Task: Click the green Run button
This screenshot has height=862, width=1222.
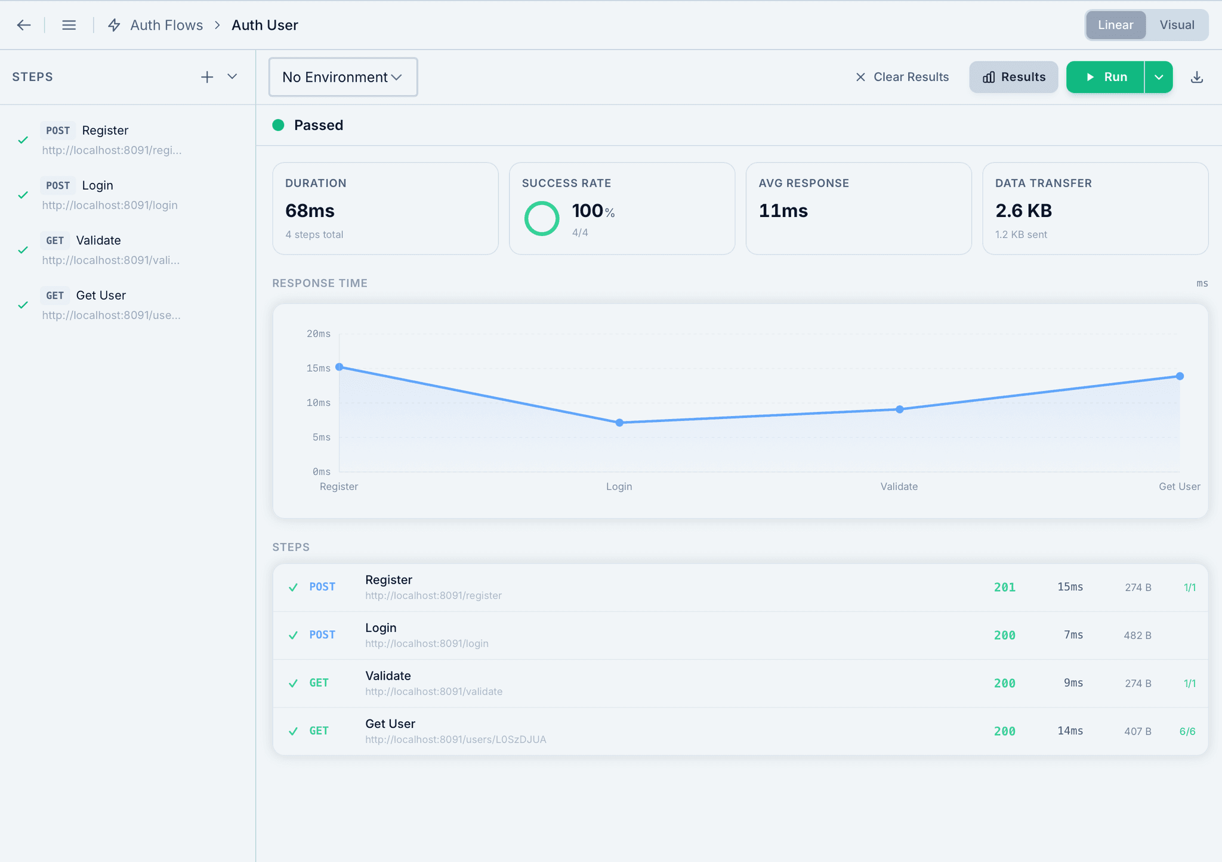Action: pos(1106,77)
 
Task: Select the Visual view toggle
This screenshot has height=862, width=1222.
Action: pos(1177,25)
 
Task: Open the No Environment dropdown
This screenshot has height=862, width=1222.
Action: pos(342,77)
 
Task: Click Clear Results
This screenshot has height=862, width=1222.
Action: pos(902,77)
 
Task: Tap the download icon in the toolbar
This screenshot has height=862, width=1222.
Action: pos(1196,77)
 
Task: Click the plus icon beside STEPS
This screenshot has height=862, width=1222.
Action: pos(206,77)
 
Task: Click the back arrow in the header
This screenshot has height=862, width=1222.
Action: pos(24,25)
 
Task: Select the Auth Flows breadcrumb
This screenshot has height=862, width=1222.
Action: pos(166,25)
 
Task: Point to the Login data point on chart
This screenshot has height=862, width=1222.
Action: pos(619,423)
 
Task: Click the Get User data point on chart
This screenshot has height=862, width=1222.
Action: pos(1180,376)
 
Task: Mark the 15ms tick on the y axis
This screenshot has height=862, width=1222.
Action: pos(319,368)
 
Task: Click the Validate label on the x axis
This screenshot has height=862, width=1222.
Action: pos(899,486)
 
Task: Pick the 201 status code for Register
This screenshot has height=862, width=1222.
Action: pos(1005,587)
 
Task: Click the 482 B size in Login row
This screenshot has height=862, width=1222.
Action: pos(1137,635)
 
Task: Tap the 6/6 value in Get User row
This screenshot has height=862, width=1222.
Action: pos(1187,731)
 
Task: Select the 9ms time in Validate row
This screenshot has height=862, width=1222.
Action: pos(1073,683)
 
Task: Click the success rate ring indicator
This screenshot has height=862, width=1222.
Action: pos(541,218)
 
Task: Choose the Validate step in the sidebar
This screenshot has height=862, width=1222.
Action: pos(98,240)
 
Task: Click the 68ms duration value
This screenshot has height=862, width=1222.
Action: pos(310,210)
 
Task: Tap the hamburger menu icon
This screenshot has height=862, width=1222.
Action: pos(69,25)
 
